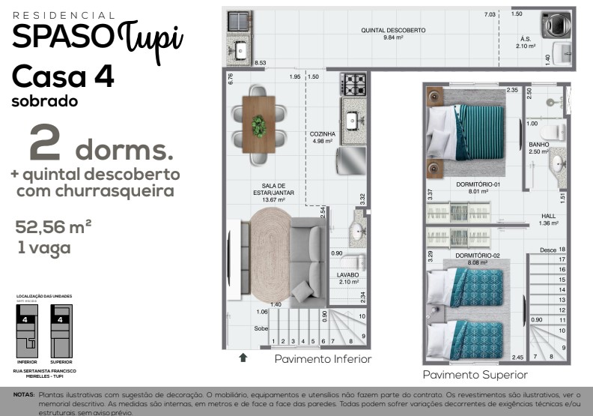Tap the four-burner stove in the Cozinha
[x=353, y=82]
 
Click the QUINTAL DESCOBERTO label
[x=393, y=31]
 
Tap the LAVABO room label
[x=348, y=275]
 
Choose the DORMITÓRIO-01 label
[x=477, y=184]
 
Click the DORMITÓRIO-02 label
[x=477, y=256]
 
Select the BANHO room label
[x=539, y=145]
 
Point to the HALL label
[x=549, y=215]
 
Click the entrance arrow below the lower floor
[x=243, y=358]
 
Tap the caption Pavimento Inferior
[x=323, y=359]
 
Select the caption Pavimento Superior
[x=475, y=375]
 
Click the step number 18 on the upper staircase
[x=562, y=250]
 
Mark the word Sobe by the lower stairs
[x=261, y=329]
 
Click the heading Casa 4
[x=63, y=76]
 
